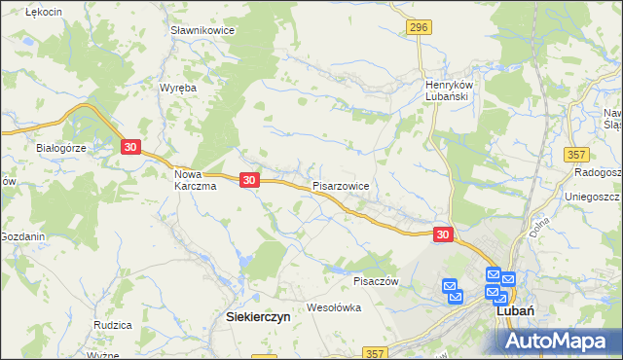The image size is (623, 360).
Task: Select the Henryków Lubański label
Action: click(448, 90)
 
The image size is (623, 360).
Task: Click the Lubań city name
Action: click(513, 311)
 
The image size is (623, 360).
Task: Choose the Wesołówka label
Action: click(333, 307)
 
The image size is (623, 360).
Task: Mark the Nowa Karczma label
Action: click(195, 180)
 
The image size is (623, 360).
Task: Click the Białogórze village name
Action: click(62, 148)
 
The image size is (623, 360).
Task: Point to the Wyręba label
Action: click(178, 88)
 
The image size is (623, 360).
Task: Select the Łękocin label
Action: click(44, 11)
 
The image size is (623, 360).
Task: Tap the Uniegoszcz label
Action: click(592, 197)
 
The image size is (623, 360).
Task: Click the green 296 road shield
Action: click(419, 28)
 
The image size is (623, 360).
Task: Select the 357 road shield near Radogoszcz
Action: click(576, 155)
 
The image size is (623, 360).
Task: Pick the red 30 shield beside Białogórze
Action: click(131, 147)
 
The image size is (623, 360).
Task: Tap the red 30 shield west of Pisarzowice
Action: click(249, 180)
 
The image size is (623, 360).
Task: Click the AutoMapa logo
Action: click(562, 340)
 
